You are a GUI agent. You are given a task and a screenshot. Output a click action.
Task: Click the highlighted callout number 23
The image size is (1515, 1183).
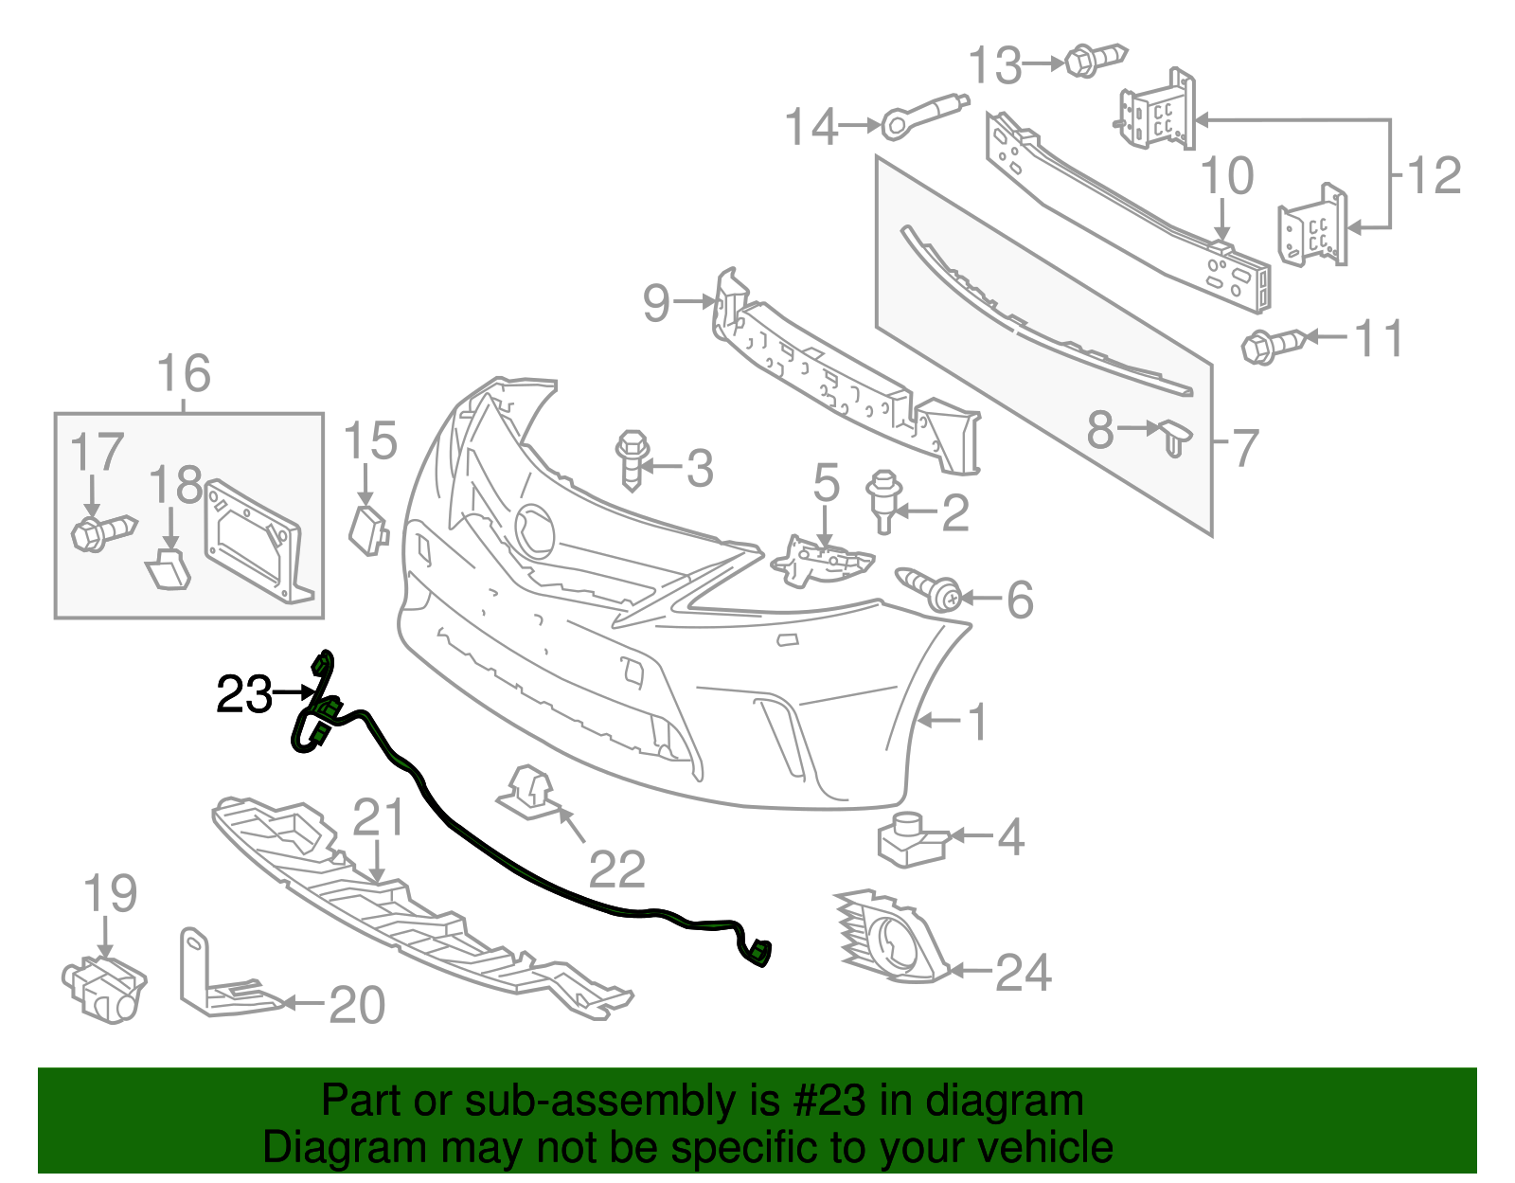(x=244, y=696)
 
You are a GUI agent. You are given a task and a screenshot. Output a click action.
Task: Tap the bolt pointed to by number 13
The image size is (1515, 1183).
(x=1094, y=60)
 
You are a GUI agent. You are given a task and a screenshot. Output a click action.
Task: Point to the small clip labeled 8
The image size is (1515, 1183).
(x=1175, y=438)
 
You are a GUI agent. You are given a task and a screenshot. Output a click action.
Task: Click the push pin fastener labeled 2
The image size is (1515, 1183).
(x=883, y=499)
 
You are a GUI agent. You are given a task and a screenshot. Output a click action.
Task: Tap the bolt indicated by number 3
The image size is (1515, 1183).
(x=633, y=458)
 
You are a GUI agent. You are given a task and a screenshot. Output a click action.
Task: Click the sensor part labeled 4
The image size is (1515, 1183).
(x=911, y=838)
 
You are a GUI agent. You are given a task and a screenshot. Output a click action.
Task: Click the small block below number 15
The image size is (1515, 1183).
(x=368, y=529)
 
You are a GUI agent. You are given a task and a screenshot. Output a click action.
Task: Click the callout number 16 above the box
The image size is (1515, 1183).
(x=184, y=373)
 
